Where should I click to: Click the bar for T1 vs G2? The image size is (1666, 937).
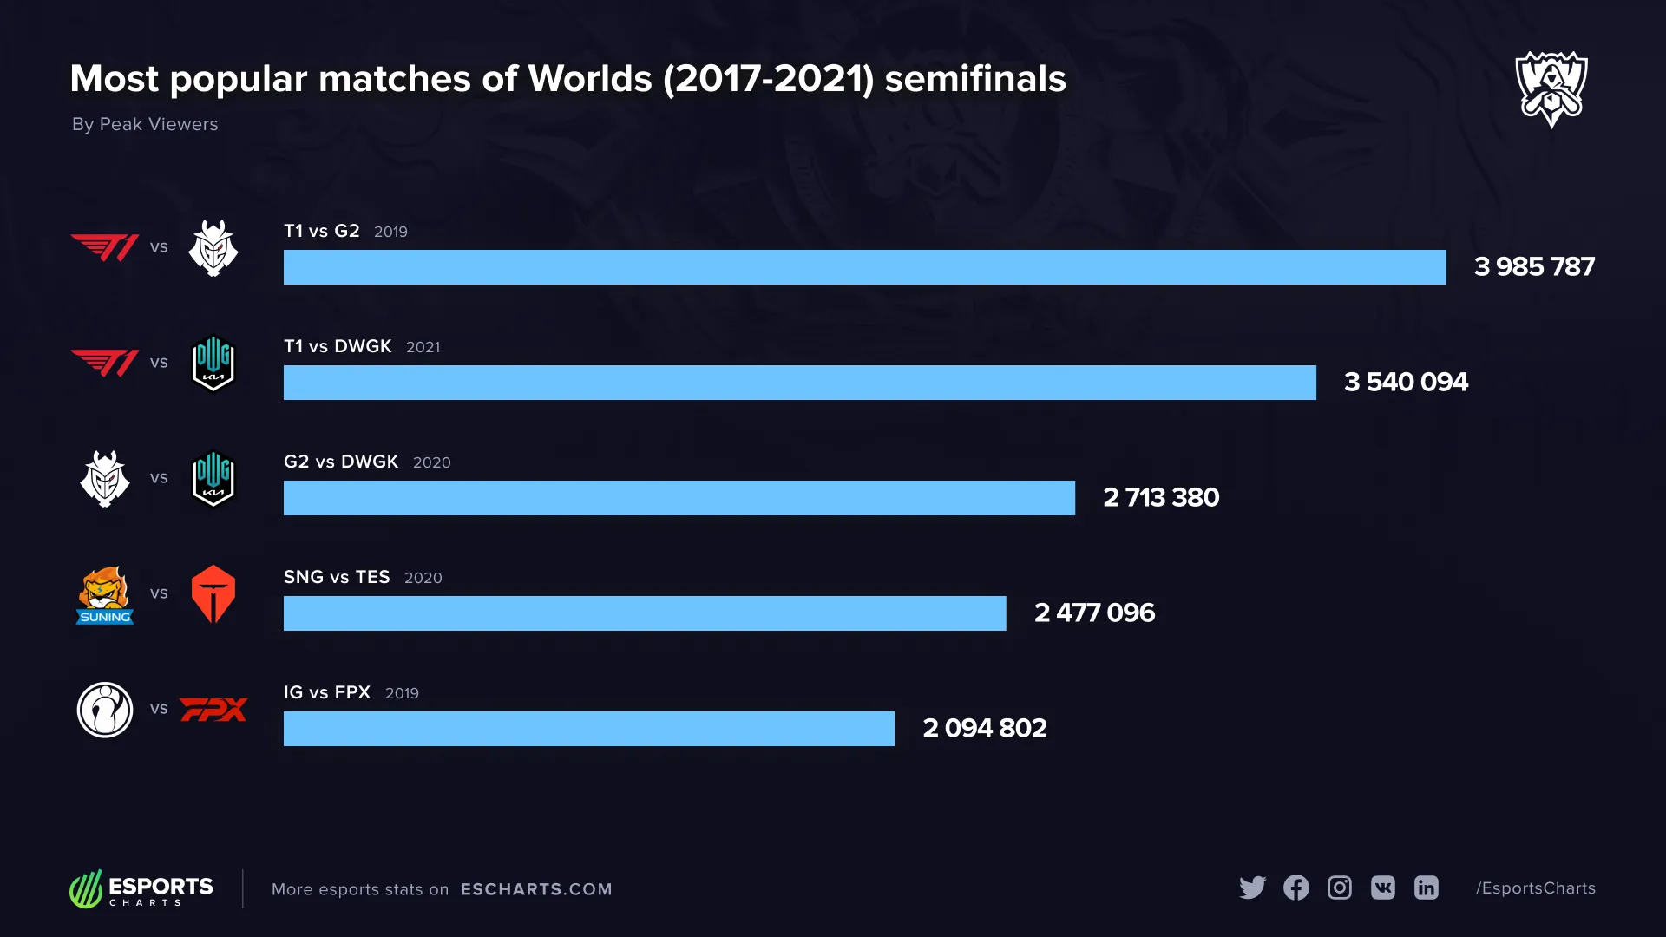tap(864, 267)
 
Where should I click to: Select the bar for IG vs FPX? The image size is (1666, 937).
tap(588, 729)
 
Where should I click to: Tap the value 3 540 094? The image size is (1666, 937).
tap(1406, 382)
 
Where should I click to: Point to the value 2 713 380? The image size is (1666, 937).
tap(1161, 497)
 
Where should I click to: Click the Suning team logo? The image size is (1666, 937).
tap(105, 595)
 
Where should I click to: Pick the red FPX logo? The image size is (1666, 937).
tap(213, 710)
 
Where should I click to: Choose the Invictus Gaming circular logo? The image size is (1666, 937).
tap(105, 710)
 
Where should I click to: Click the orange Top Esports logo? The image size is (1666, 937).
tap(213, 594)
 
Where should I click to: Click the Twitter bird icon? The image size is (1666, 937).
tap(1252, 888)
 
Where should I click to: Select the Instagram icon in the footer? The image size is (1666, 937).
tap(1340, 888)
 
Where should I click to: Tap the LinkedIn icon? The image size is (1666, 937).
tap(1427, 888)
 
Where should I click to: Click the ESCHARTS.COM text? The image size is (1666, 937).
tap(536, 889)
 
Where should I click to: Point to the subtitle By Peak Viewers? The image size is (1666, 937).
tap(145, 124)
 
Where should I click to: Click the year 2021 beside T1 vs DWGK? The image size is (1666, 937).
tap(423, 347)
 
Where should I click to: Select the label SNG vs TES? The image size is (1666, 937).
tap(337, 577)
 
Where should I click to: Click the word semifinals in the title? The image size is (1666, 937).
tap(974, 79)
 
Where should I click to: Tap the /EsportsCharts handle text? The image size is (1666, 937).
tap(1535, 888)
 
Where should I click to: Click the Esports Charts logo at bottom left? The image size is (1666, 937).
tap(141, 889)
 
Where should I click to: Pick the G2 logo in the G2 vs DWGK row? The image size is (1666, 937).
tap(105, 479)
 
